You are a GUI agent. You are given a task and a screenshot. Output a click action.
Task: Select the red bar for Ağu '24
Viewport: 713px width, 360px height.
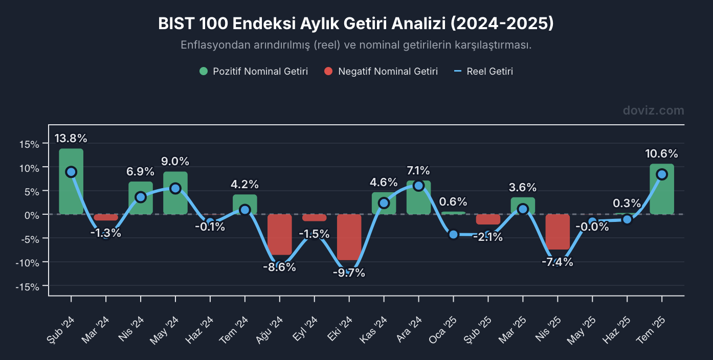[x=280, y=234]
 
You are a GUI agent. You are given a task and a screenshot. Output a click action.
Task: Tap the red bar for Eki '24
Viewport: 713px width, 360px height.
[x=349, y=237]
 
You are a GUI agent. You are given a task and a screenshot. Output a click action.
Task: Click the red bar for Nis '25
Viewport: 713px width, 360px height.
[x=558, y=232]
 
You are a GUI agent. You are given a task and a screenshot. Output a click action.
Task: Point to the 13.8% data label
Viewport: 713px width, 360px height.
[x=71, y=138]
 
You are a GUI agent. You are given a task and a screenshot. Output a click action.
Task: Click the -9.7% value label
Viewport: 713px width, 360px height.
[x=349, y=273]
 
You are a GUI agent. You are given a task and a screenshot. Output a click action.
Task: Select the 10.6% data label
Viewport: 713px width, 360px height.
[x=662, y=153]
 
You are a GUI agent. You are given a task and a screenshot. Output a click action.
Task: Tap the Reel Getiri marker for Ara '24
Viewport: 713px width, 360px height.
[x=418, y=186]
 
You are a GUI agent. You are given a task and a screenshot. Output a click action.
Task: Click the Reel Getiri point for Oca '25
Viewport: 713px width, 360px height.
[x=453, y=234]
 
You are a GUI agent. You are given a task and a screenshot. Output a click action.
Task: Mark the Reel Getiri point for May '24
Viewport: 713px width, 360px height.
[x=175, y=188]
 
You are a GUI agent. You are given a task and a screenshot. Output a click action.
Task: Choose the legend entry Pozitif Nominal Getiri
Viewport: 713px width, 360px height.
[x=254, y=72]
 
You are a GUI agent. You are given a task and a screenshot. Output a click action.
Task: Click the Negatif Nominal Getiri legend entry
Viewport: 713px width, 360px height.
[x=381, y=72]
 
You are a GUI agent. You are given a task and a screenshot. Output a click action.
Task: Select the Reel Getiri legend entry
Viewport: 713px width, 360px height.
[x=484, y=72]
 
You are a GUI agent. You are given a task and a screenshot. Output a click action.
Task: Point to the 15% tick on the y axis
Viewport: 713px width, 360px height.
[x=30, y=144]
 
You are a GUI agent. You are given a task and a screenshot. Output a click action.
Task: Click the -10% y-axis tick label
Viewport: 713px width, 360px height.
[x=28, y=262]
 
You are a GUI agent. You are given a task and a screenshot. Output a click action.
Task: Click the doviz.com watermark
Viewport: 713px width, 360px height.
[x=653, y=110]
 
